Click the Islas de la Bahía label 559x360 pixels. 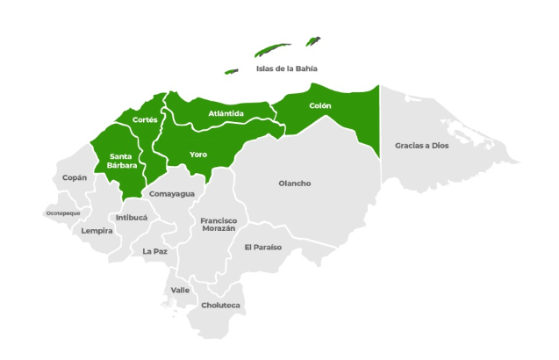pyautogui.click(x=285, y=68)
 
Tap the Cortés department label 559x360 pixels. pyautogui.click(x=145, y=119)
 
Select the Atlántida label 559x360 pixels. pyautogui.click(x=226, y=113)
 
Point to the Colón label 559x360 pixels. pyautogui.click(x=320, y=105)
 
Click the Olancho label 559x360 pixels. pyautogui.click(x=294, y=184)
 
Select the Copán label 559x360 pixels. pyautogui.click(x=75, y=177)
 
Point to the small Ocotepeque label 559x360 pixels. pyautogui.click(x=63, y=213)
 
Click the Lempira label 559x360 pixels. pyautogui.click(x=97, y=231)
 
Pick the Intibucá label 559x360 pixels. pyautogui.click(x=132, y=216)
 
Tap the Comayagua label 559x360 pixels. pyautogui.click(x=172, y=193)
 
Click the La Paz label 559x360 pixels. pyautogui.click(x=154, y=251)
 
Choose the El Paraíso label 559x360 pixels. pyautogui.click(x=263, y=248)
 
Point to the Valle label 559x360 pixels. pyautogui.click(x=180, y=290)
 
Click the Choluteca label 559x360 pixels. pyautogui.click(x=220, y=306)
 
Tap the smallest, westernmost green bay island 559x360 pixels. pyautogui.click(x=232, y=71)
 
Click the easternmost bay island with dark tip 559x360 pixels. pyautogui.click(x=312, y=41)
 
